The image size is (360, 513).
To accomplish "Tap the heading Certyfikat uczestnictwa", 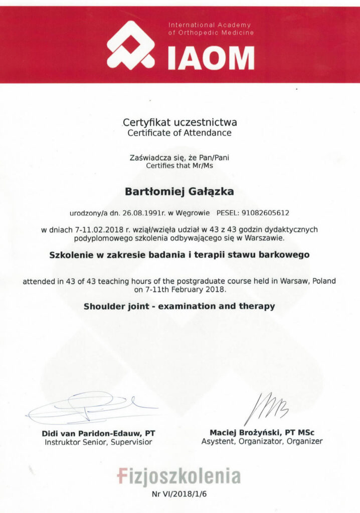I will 180,122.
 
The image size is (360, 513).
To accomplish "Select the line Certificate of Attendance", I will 179,133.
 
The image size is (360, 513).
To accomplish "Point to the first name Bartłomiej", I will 152,191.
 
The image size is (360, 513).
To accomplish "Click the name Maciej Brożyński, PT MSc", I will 262,432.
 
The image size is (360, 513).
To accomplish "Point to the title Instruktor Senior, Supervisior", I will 98,442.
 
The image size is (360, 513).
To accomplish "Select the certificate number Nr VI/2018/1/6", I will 179,494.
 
